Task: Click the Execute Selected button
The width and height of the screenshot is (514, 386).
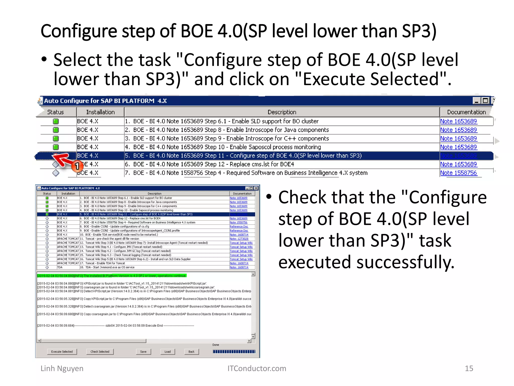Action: click(62, 352)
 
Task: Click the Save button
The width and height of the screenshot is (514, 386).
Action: click(143, 352)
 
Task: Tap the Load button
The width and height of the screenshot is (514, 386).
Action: click(167, 352)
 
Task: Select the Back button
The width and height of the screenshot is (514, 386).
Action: click(191, 352)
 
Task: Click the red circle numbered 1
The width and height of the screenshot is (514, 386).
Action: click(77, 166)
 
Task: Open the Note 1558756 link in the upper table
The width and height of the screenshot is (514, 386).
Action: click(458, 173)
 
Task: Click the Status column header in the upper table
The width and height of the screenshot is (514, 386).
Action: click(55, 112)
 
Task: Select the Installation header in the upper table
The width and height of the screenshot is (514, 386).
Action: click(100, 112)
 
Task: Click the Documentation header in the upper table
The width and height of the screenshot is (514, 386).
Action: click(466, 112)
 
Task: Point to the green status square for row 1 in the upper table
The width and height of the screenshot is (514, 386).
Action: click(56, 121)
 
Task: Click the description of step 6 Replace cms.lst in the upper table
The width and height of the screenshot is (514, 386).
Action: click(213, 164)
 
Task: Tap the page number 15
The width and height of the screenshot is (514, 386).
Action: click(469, 368)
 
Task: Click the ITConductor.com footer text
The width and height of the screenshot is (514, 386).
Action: click(256, 368)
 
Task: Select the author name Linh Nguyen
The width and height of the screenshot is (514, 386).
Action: click(62, 368)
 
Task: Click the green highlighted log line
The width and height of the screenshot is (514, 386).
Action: click(112, 276)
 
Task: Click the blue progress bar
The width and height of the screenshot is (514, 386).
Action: click(234, 352)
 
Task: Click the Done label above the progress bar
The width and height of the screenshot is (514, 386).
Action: click(216, 345)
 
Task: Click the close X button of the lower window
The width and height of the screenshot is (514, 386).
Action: click(256, 188)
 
